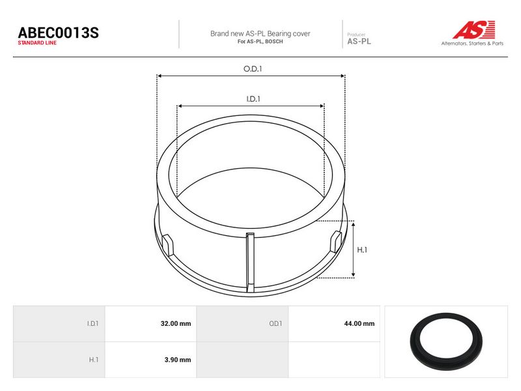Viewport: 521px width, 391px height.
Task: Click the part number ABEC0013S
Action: (58, 33)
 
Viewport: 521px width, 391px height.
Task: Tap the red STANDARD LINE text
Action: (37, 43)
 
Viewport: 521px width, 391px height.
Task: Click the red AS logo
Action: (474, 29)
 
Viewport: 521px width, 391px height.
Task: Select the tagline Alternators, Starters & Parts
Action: (472, 43)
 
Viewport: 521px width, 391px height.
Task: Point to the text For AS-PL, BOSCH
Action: (260, 42)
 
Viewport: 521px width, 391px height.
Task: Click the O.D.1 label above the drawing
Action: (253, 69)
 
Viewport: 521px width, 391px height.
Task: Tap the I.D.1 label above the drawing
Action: (253, 99)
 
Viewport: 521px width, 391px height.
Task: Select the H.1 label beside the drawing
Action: (362, 250)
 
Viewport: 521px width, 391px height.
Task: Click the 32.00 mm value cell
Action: (150, 323)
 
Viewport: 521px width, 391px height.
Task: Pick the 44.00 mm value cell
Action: (334, 323)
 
